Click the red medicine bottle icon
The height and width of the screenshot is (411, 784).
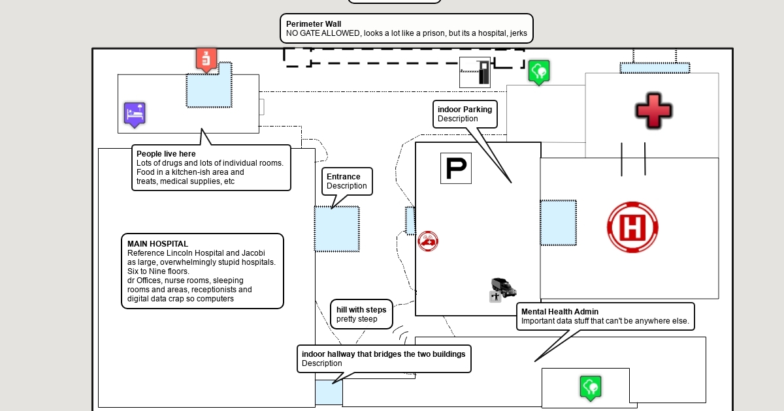tap(206, 59)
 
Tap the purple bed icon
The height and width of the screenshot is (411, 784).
tap(135, 114)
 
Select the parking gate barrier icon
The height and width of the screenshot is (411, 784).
tap(475, 72)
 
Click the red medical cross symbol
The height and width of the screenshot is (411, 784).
tap(653, 110)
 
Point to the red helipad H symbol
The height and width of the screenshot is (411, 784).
tap(632, 227)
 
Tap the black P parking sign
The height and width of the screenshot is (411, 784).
tap(456, 168)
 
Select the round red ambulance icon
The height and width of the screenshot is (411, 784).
tap(428, 241)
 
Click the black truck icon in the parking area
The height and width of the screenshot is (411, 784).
tap(504, 287)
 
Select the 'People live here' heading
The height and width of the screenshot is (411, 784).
tap(166, 154)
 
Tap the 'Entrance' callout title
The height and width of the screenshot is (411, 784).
tap(344, 177)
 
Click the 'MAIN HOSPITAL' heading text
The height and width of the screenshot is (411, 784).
tap(157, 244)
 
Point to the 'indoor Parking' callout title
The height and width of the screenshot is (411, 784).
tap(465, 110)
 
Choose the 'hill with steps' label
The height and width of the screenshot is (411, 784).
tap(361, 310)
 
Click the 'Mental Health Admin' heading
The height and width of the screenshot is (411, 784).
tap(560, 312)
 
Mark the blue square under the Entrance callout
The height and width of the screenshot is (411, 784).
tap(337, 229)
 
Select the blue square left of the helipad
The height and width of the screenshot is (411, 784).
tap(559, 222)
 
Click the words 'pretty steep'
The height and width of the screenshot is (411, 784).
tap(357, 320)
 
